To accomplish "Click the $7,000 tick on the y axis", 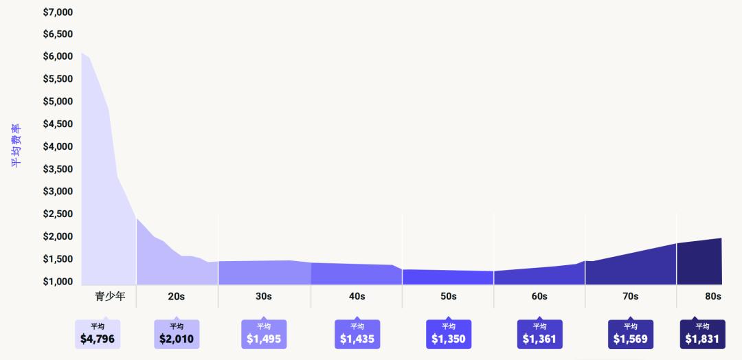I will click(58, 12).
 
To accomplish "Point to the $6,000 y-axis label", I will click(58, 56).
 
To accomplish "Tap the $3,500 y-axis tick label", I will click(58, 169).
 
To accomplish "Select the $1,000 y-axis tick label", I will click(58, 282).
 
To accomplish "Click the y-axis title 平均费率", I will click(16, 146).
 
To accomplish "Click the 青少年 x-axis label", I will click(110, 297).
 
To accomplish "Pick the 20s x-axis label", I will click(176, 297).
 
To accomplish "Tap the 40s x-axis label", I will click(357, 297).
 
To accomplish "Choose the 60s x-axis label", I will click(539, 297).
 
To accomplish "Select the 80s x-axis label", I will click(712, 297).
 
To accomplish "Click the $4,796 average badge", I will click(98, 334).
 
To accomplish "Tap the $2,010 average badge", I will click(177, 334).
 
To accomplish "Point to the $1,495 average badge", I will click(264, 334).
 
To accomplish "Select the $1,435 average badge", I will click(357, 334).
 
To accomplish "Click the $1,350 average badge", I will click(449, 334).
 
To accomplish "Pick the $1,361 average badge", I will click(540, 334).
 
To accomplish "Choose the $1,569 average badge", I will click(631, 334).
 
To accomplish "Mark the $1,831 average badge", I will click(702, 334).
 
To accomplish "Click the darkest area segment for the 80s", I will click(699, 265).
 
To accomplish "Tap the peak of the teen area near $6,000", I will click(82, 54).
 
